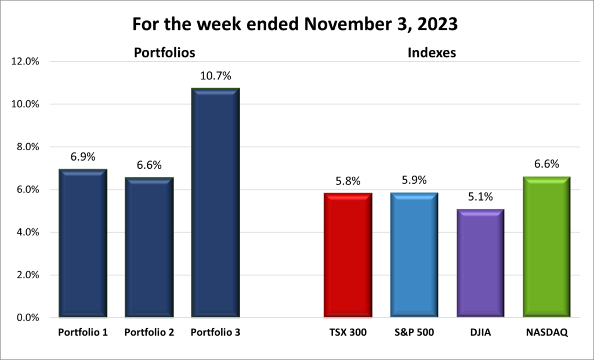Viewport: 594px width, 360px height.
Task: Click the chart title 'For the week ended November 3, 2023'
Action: tap(296, 25)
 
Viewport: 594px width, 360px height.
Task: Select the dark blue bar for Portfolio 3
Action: tap(215, 203)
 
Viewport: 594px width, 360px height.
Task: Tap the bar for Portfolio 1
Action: tap(83, 243)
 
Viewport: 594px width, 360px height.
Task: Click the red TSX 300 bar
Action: tap(347, 255)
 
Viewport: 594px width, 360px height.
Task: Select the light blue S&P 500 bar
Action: tap(414, 255)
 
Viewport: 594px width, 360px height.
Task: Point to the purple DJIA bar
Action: tap(480, 263)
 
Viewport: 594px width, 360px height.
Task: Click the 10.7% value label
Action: tap(215, 76)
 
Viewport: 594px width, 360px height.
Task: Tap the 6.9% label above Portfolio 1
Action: tap(83, 157)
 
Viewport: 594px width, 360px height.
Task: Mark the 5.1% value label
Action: tap(480, 197)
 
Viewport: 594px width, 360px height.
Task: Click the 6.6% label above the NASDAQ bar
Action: tap(547, 164)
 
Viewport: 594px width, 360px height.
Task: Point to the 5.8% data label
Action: tap(347, 181)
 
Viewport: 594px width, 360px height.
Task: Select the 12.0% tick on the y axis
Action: tap(25, 61)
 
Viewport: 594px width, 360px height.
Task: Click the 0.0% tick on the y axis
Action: tap(27, 318)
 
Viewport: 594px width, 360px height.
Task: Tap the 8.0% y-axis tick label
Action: tap(27, 147)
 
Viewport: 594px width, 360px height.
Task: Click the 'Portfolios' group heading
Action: tap(164, 53)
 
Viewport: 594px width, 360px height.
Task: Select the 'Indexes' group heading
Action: tap(432, 53)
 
